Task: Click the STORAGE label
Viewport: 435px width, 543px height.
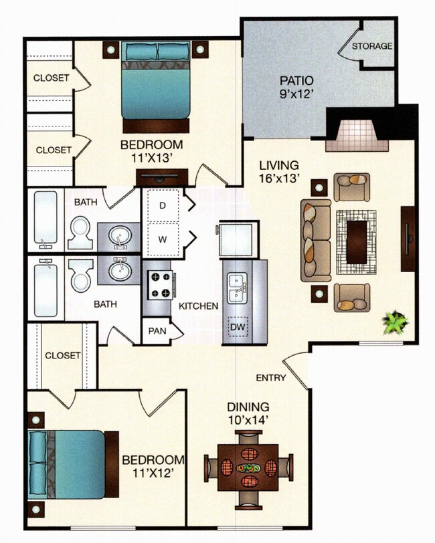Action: (x=372, y=46)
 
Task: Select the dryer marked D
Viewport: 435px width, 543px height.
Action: (x=162, y=206)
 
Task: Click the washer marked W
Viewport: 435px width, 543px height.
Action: (x=162, y=239)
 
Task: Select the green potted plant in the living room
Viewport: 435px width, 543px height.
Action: (x=394, y=324)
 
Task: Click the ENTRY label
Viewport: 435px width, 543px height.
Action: (x=271, y=378)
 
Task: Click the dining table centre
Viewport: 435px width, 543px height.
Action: (x=248, y=466)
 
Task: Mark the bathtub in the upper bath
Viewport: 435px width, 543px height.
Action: (x=46, y=219)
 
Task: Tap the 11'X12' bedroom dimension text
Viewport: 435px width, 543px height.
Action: (x=152, y=473)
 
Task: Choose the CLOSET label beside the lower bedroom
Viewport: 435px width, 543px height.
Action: (x=63, y=355)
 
